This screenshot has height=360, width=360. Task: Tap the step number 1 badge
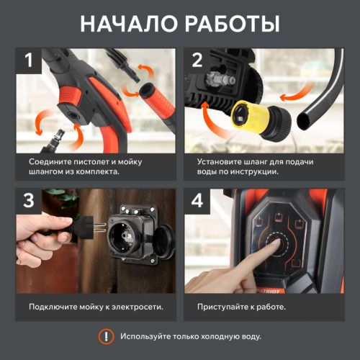(30, 60)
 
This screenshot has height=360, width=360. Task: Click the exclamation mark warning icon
(106, 336)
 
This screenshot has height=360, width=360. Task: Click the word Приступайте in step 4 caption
(223, 307)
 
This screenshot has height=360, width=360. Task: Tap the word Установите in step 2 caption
(220, 162)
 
